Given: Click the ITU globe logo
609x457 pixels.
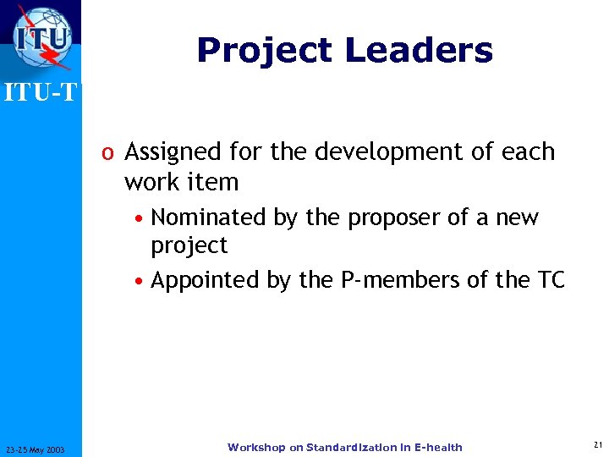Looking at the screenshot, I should coord(41,37).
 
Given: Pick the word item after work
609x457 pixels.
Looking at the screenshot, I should coord(217,182).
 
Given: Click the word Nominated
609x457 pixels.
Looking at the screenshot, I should coord(208,217).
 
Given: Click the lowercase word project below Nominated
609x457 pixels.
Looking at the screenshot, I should coord(189,246).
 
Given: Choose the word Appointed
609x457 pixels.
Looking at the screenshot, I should coord(207,280).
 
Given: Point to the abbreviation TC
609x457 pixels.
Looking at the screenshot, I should coord(549,280).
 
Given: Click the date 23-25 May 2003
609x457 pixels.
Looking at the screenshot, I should coord(41,449).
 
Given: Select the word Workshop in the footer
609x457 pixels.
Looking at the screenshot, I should coord(256,447).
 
